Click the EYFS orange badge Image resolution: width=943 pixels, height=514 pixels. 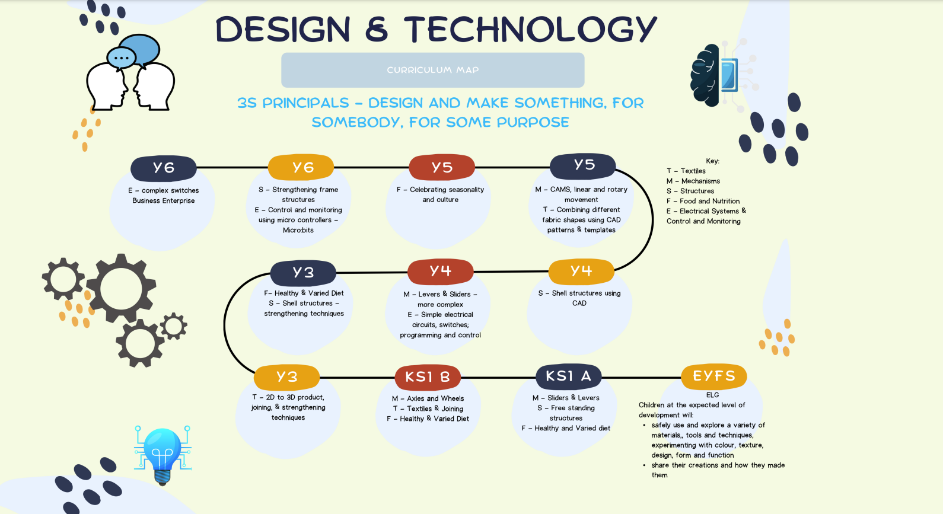click(714, 376)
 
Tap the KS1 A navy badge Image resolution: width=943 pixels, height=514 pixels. click(568, 376)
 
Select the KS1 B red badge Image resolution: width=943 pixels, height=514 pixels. click(428, 377)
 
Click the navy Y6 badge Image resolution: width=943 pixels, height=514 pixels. click(163, 168)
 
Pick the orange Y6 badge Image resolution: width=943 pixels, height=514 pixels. click(301, 168)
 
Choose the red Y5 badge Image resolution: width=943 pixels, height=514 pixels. click(442, 168)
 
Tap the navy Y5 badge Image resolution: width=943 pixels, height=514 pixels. click(582, 165)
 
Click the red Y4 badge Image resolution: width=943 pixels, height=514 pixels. click(440, 272)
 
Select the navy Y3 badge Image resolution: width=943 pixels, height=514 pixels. click(303, 273)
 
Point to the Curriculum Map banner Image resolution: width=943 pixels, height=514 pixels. click(433, 70)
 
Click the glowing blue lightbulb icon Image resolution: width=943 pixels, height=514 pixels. click(163, 455)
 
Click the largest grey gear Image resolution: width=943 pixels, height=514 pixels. click(121, 289)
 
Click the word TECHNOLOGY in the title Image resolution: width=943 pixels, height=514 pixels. click(530, 30)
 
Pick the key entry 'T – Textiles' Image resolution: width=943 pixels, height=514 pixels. click(686, 171)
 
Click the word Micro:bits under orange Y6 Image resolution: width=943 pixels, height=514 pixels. click(298, 230)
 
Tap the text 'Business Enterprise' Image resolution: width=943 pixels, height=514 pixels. click(163, 201)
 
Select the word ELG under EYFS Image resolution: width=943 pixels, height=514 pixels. click(712, 395)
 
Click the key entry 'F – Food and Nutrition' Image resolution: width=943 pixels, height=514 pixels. click(703, 201)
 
